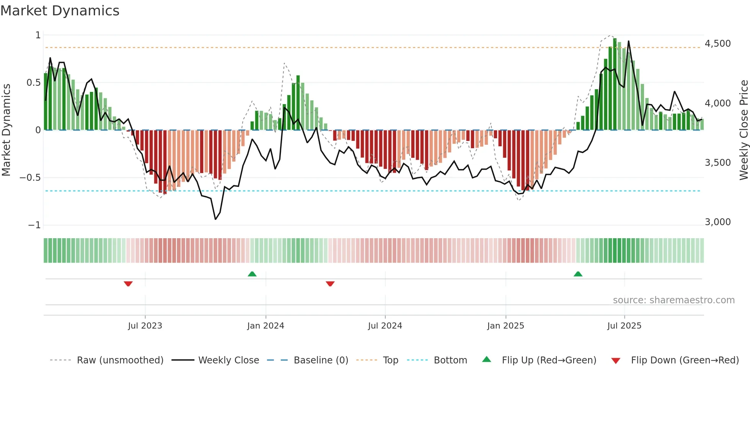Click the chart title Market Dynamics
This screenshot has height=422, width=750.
[60, 11]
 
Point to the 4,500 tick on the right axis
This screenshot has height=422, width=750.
[717, 44]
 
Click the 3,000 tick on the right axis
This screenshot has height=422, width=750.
[717, 222]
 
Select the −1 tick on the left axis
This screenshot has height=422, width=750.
[34, 225]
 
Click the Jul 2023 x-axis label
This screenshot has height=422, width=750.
[145, 326]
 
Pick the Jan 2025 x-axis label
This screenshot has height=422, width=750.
[505, 326]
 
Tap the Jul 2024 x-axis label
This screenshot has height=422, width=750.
[385, 326]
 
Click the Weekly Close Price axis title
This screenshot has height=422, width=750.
[743, 130]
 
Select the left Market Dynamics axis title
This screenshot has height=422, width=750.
[6, 130]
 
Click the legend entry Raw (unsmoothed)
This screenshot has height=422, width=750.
[120, 360]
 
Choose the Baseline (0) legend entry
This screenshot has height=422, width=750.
[321, 360]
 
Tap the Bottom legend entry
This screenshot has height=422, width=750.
[450, 360]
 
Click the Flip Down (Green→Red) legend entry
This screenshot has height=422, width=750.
[685, 360]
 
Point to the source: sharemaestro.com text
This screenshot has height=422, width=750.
[673, 300]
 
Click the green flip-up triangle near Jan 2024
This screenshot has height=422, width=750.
[252, 274]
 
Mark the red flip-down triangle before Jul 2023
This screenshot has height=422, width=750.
[128, 284]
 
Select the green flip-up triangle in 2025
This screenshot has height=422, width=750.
[578, 274]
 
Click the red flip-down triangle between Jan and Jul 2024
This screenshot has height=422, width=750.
[330, 284]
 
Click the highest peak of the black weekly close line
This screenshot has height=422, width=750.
[628, 41]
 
